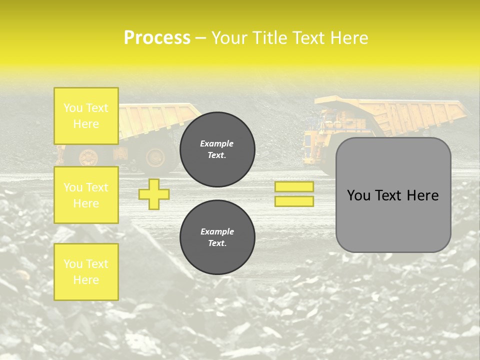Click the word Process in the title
point(157,38)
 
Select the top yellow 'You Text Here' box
point(86,116)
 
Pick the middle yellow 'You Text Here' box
point(86,195)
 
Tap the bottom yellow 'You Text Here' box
point(86,272)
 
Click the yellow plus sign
point(154,194)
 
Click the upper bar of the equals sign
point(294,186)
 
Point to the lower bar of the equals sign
point(294,201)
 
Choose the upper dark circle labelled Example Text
point(217,149)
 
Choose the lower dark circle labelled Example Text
point(217,237)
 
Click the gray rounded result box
point(393,195)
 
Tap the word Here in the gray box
point(422,195)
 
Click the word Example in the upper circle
point(217,143)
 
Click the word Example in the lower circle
point(217,231)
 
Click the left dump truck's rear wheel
point(155,157)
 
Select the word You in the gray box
point(358,195)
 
